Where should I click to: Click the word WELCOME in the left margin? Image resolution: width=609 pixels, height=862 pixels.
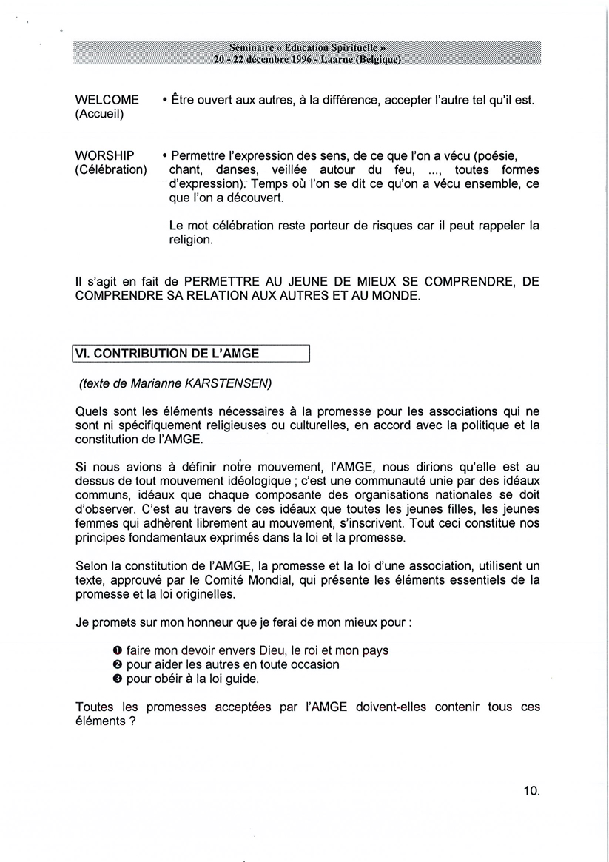click(x=107, y=100)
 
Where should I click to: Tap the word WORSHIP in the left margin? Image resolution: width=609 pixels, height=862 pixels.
click(x=105, y=156)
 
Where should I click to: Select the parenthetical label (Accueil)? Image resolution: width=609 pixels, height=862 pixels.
click(x=100, y=114)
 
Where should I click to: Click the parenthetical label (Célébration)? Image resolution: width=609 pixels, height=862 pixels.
click(x=111, y=170)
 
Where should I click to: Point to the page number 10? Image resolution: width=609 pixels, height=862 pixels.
click(x=532, y=791)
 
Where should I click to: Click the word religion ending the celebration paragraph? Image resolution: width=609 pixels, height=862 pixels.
click(x=191, y=240)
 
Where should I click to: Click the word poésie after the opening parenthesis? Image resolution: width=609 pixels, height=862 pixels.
click(x=494, y=156)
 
